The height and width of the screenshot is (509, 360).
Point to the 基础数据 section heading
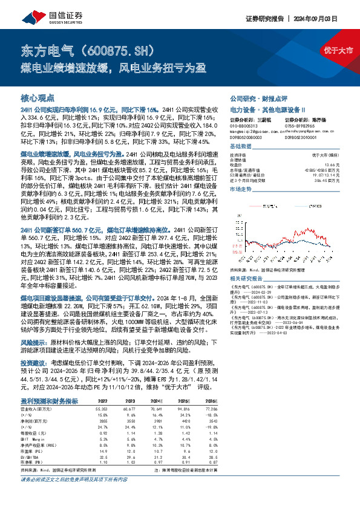click(240, 147)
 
